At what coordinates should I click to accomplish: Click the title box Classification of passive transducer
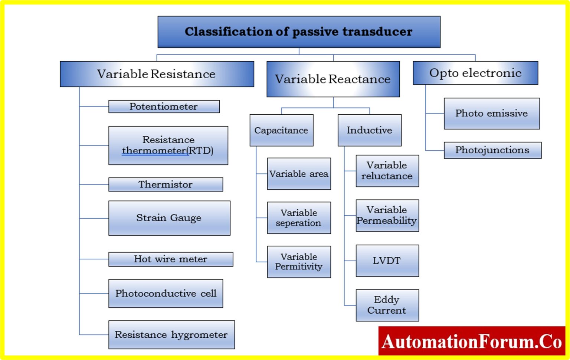[299, 32]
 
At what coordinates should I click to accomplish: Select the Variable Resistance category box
[157, 74]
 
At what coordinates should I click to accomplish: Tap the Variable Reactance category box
[333, 79]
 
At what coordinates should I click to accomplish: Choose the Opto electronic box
[475, 73]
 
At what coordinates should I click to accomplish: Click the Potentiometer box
[164, 107]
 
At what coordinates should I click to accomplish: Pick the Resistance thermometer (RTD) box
[168, 145]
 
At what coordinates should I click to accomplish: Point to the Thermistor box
[166, 184]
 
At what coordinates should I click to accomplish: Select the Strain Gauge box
[169, 218]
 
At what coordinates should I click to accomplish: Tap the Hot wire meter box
[171, 259]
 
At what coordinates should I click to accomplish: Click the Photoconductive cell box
[166, 294]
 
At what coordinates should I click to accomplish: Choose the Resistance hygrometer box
[171, 335]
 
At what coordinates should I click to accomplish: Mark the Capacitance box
[281, 130]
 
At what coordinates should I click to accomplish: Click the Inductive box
[369, 130]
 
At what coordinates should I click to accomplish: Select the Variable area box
[299, 174]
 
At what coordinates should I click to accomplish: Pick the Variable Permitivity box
[299, 262]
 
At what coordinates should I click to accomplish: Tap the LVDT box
[387, 261]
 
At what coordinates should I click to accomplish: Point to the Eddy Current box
[387, 305]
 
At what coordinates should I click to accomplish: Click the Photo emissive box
[492, 114]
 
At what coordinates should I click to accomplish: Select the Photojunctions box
[492, 150]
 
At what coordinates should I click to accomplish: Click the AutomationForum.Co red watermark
[472, 341]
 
